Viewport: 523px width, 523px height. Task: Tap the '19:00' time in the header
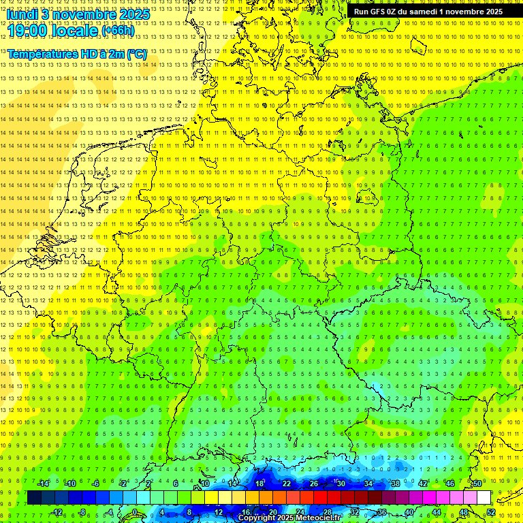[27, 29]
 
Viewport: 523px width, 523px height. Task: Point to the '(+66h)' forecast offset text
[118, 30]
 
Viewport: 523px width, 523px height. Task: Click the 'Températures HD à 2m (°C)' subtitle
[77, 54]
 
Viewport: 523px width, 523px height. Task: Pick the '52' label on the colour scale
[491, 512]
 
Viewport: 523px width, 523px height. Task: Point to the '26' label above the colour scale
[314, 484]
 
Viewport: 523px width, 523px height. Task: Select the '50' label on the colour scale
[477, 484]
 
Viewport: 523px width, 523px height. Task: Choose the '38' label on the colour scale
[396, 484]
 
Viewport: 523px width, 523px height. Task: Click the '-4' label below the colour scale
[109, 512]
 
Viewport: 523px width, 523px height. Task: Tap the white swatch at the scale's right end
[484, 497]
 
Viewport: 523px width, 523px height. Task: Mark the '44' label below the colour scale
[437, 512]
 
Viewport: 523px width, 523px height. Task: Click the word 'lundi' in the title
[20, 14]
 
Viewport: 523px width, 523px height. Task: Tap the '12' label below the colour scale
[218, 512]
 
